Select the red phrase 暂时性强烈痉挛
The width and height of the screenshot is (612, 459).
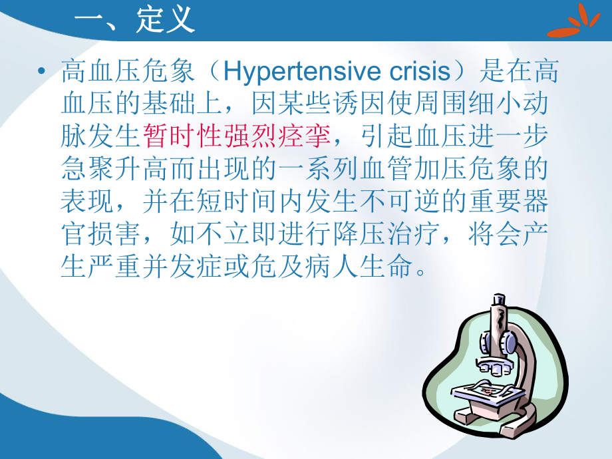coord(236,136)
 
